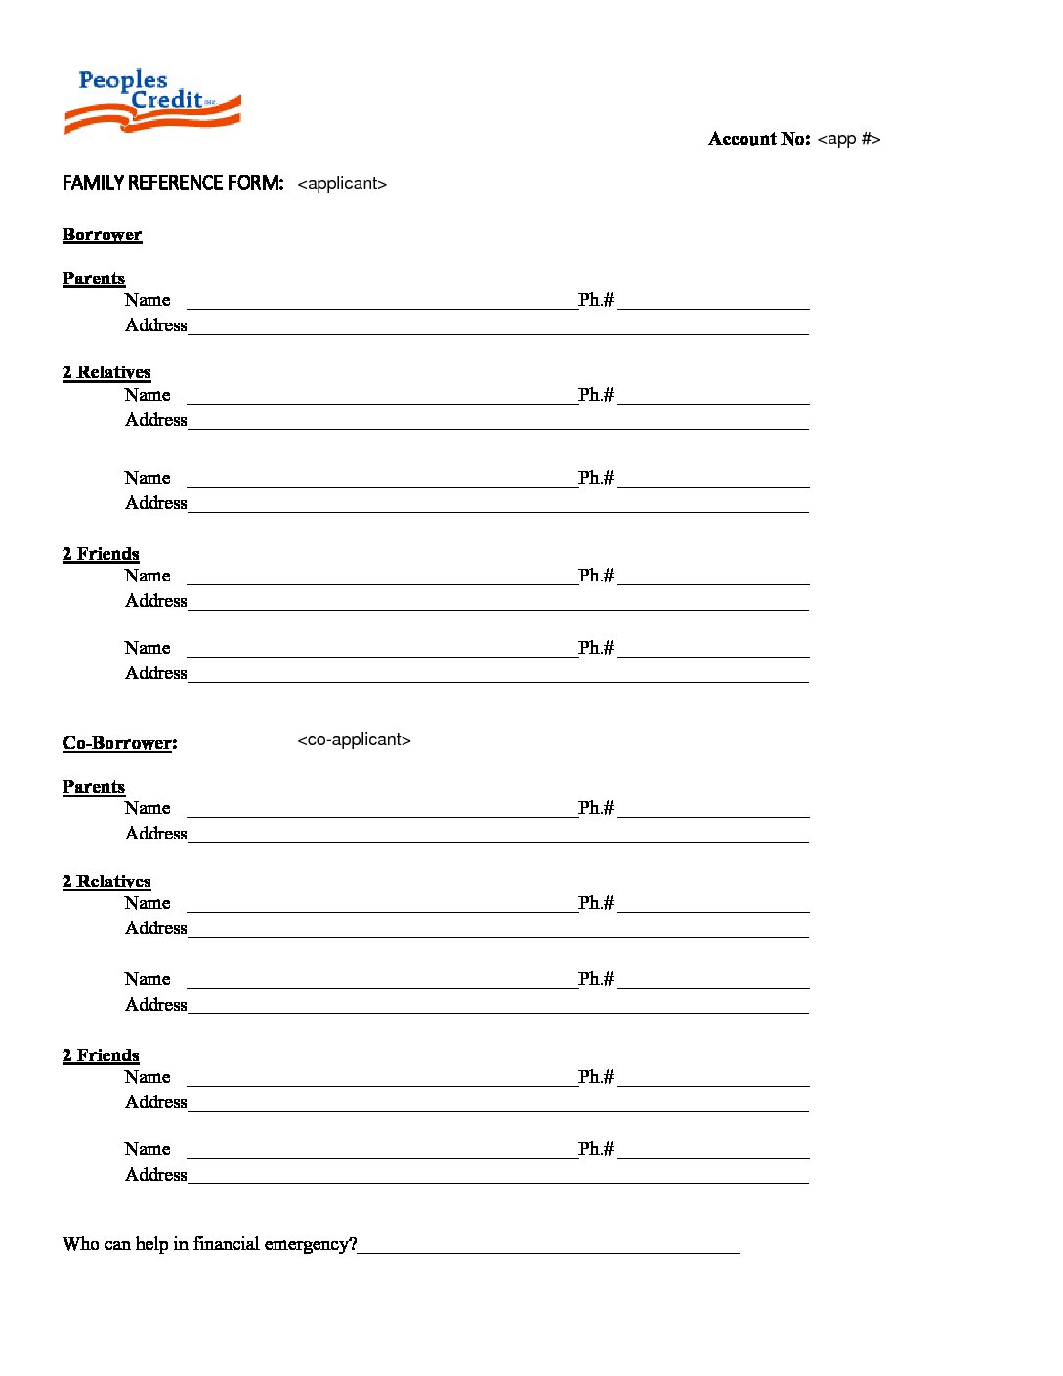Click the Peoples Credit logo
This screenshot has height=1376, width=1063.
coord(151,101)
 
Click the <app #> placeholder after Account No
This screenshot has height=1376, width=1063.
coord(848,139)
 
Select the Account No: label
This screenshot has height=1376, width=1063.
coord(759,139)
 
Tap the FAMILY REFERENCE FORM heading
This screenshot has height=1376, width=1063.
coord(173,183)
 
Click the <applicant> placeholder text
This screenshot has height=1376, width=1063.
coord(342,184)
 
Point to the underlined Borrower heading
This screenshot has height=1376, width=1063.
coord(102,235)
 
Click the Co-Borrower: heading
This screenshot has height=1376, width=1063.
coord(119,743)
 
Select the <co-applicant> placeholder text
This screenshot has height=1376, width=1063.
coord(354,740)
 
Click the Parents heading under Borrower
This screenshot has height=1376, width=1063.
coord(94,279)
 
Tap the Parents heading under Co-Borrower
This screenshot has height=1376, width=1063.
coord(94,787)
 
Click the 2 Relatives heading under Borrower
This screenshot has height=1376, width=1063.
coord(106,372)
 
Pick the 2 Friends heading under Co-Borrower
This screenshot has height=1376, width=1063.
coord(101,1055)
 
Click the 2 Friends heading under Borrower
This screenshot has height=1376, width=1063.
coord(101,554)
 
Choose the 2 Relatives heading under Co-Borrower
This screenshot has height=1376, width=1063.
coord(106,881)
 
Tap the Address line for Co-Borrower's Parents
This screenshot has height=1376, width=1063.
coord(498,837)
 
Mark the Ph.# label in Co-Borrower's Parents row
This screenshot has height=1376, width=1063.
coord(595,808)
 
